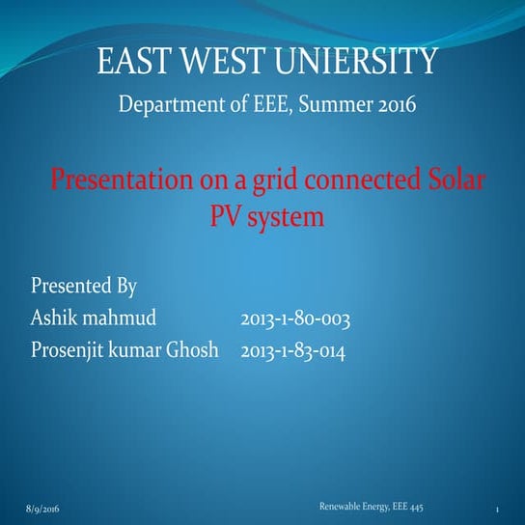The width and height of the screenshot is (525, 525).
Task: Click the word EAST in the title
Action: [x=132, y=65]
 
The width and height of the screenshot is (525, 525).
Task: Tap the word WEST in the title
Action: [x=221, y=65]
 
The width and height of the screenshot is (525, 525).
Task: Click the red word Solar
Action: [x=448, y=180]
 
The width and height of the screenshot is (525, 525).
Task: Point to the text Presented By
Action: [x=84, y=287]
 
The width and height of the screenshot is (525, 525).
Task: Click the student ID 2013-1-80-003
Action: [x=294, y=318]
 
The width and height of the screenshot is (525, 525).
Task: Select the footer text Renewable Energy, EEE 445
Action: [x=371, y=506]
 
